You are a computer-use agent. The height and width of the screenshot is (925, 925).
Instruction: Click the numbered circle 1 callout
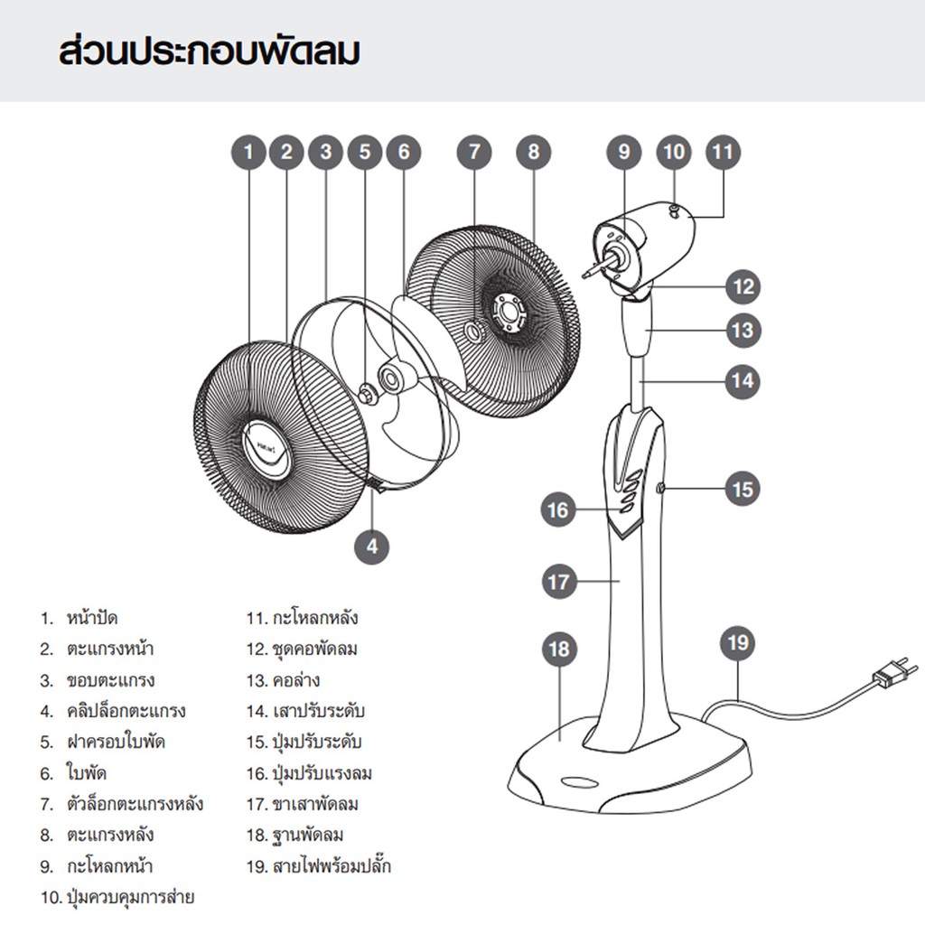coord(249,152)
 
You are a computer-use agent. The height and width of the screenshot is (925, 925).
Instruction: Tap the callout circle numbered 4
coord(372,545)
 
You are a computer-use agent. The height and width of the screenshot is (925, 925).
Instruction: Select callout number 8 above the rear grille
coord(533,152)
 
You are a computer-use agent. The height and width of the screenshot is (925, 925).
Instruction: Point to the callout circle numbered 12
coord(743,287)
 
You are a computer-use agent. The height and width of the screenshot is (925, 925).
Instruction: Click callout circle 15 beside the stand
coord(742,489)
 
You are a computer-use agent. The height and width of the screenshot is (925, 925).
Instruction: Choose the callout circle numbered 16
coord(558,510)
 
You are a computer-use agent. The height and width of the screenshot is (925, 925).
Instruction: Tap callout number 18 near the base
coord(559,649)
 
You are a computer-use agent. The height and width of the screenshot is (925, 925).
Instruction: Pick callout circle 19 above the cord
coord(738,643)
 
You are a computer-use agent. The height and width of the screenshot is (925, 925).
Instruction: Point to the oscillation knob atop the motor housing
coord(674,210)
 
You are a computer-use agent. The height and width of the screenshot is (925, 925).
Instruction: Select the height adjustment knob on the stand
coord(661,489)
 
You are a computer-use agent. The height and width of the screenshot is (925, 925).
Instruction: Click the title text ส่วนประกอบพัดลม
coord(209,52)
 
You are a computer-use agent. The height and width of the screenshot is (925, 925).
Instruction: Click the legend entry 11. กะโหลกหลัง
coord(303,619)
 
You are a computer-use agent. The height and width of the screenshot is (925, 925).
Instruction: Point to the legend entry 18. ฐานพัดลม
coord(295,835)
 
